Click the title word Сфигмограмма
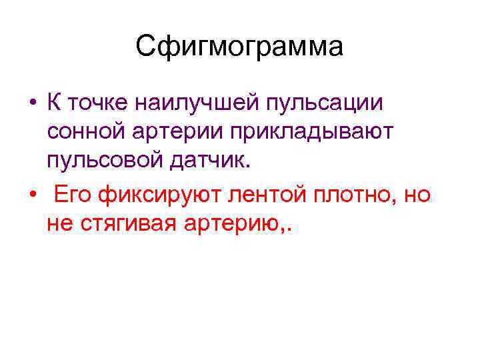[x=239, y=47]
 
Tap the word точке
[x=99, y=104]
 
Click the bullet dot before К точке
[x=31, y=105]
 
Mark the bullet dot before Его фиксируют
[x=31, y=196]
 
